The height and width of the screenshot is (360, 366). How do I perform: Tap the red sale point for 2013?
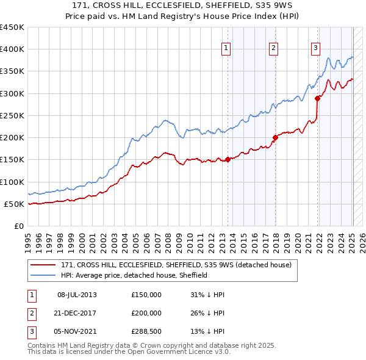[228, 160]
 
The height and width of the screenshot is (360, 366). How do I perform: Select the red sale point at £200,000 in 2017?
[275, 137]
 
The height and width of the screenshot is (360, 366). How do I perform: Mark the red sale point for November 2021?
[317, 98]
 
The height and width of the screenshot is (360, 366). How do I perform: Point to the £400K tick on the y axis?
[12, 49]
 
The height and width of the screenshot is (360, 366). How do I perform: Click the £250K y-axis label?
[12, 115]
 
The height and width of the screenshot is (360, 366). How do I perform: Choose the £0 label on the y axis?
[18, 226]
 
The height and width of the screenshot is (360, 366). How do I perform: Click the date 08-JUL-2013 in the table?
[77, 295]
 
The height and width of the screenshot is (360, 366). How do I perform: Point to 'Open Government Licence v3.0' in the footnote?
[179, 352]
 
